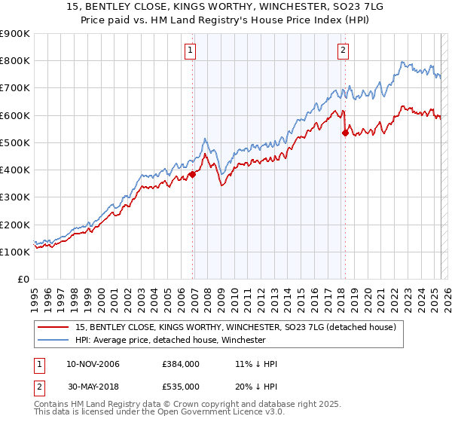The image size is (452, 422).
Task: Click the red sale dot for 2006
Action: point(192,174)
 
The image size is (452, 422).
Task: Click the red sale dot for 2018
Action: point(346,133)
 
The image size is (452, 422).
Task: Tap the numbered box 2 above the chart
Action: point(343,51)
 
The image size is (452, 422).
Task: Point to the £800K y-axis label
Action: point(15,61)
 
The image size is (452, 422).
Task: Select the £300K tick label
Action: point(15,197)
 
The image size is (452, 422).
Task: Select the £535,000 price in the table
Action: point(181,386)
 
